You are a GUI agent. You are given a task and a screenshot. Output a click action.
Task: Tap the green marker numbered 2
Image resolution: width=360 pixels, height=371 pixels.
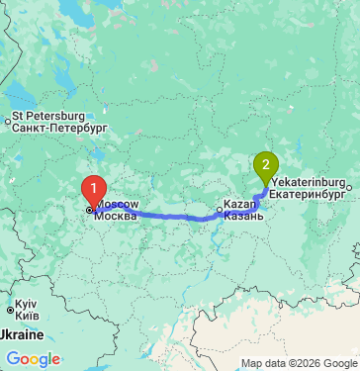click(265, 165)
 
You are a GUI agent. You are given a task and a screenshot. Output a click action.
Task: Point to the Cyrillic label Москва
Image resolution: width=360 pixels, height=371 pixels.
click(118, 215)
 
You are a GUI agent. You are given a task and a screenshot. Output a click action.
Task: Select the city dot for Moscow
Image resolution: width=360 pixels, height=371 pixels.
click(89, 210)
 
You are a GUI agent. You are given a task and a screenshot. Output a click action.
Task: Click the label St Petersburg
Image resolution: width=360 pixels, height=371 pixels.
click(48, 116)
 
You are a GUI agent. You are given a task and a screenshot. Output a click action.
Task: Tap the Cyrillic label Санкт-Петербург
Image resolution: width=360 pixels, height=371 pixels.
click(58, 128)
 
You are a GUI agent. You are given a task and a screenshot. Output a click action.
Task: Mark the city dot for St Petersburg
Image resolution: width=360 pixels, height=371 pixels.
click(7, 122)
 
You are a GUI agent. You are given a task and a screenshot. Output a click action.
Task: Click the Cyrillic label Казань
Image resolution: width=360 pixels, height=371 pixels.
click(243, 216)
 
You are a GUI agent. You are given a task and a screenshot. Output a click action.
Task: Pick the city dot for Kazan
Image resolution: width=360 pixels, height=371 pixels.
click(220, 210)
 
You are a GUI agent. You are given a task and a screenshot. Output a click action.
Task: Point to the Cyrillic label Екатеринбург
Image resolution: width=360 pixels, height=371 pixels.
click(308, 196)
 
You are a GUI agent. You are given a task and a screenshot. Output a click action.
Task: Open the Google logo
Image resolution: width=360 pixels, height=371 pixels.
click(33, 359)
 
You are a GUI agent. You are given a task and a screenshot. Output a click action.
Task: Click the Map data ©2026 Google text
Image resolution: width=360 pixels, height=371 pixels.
click(297, 363)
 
